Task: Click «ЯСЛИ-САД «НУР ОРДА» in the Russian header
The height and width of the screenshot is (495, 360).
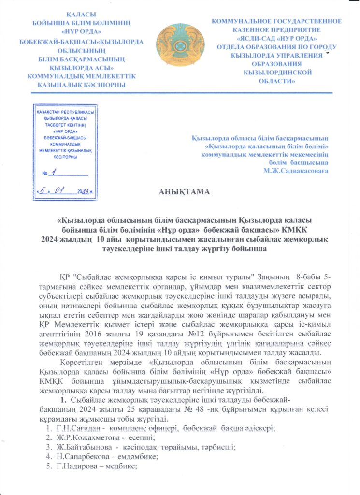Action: [x=277, y=38]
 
